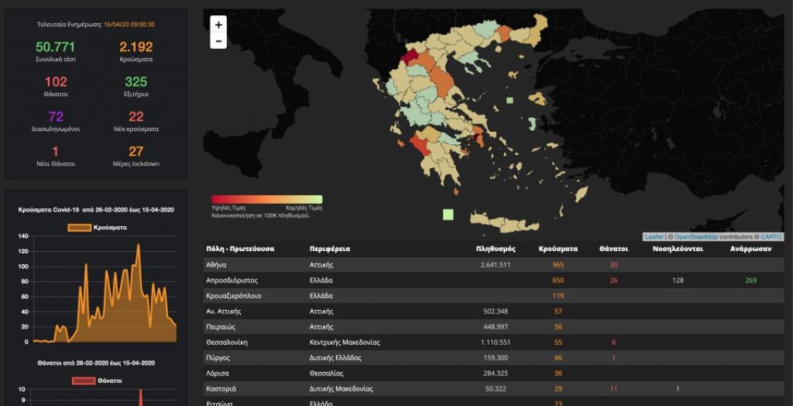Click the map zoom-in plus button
(x=218, y=25)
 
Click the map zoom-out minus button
(x=218, y=41)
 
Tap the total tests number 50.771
(x=55, y=47)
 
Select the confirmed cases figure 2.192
(x=136, y=47)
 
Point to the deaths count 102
(x=55, y=81)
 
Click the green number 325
(x=136, y=81)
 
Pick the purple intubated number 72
(x=55, y=116)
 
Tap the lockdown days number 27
(x=136, y=151)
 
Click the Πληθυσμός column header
(x=495, y=249)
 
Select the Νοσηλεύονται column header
(x=677, y=249)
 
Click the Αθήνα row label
(x=216, y=265)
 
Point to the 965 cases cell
(x=558, y=265)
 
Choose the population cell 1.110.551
(x=495, y=342)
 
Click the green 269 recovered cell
(x=751, y=280)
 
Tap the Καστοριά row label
(x=221, y=389)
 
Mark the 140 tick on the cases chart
(x=23, y=236)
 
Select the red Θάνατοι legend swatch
(x=83, y=381)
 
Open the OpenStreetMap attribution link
(x=696, y=237)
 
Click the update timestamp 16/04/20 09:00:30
(x=129, y=25)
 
